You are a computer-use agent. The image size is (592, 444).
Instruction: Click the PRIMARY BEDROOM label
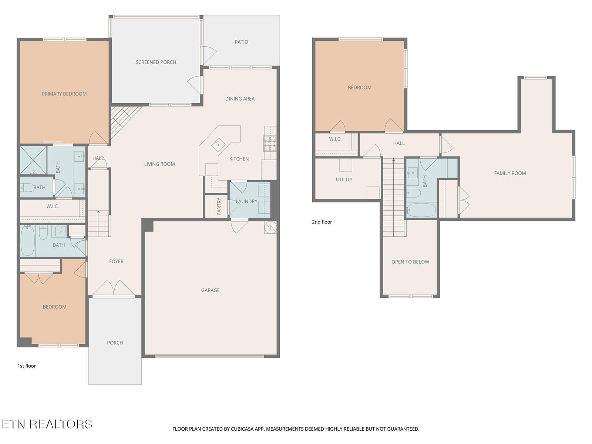tap(64, 94)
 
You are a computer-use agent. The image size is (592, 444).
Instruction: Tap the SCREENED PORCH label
tap(156, 62)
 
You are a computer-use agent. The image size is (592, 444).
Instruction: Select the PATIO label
tap(241, 42)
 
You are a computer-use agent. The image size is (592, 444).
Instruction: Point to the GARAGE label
tap(210, 290)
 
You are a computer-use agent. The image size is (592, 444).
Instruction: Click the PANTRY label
tap(219, 206)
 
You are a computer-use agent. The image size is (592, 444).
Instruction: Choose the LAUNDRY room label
tap(246, 201)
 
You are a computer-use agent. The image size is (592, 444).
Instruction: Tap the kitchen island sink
tap(218, 144)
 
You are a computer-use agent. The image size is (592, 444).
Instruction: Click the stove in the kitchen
tap(270, 144)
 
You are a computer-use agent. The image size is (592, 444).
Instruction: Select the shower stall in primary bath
tap(33, 160)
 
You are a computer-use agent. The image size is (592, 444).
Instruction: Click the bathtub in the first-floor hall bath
tap(28, 241)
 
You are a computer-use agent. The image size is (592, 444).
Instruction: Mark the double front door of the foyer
tap(114, 288)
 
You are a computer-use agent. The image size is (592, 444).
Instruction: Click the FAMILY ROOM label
tap(510, 173)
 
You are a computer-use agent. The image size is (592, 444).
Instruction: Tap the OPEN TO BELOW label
tap(410, 262)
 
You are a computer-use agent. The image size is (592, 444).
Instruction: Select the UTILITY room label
tap(344, 179)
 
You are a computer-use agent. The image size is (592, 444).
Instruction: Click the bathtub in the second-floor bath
tap(421, 210)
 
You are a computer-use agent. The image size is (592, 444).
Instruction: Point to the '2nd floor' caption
tap(322, 222)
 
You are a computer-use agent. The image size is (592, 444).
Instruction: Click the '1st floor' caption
tap(27, 366)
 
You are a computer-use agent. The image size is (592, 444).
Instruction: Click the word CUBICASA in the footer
tap(245, 429)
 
